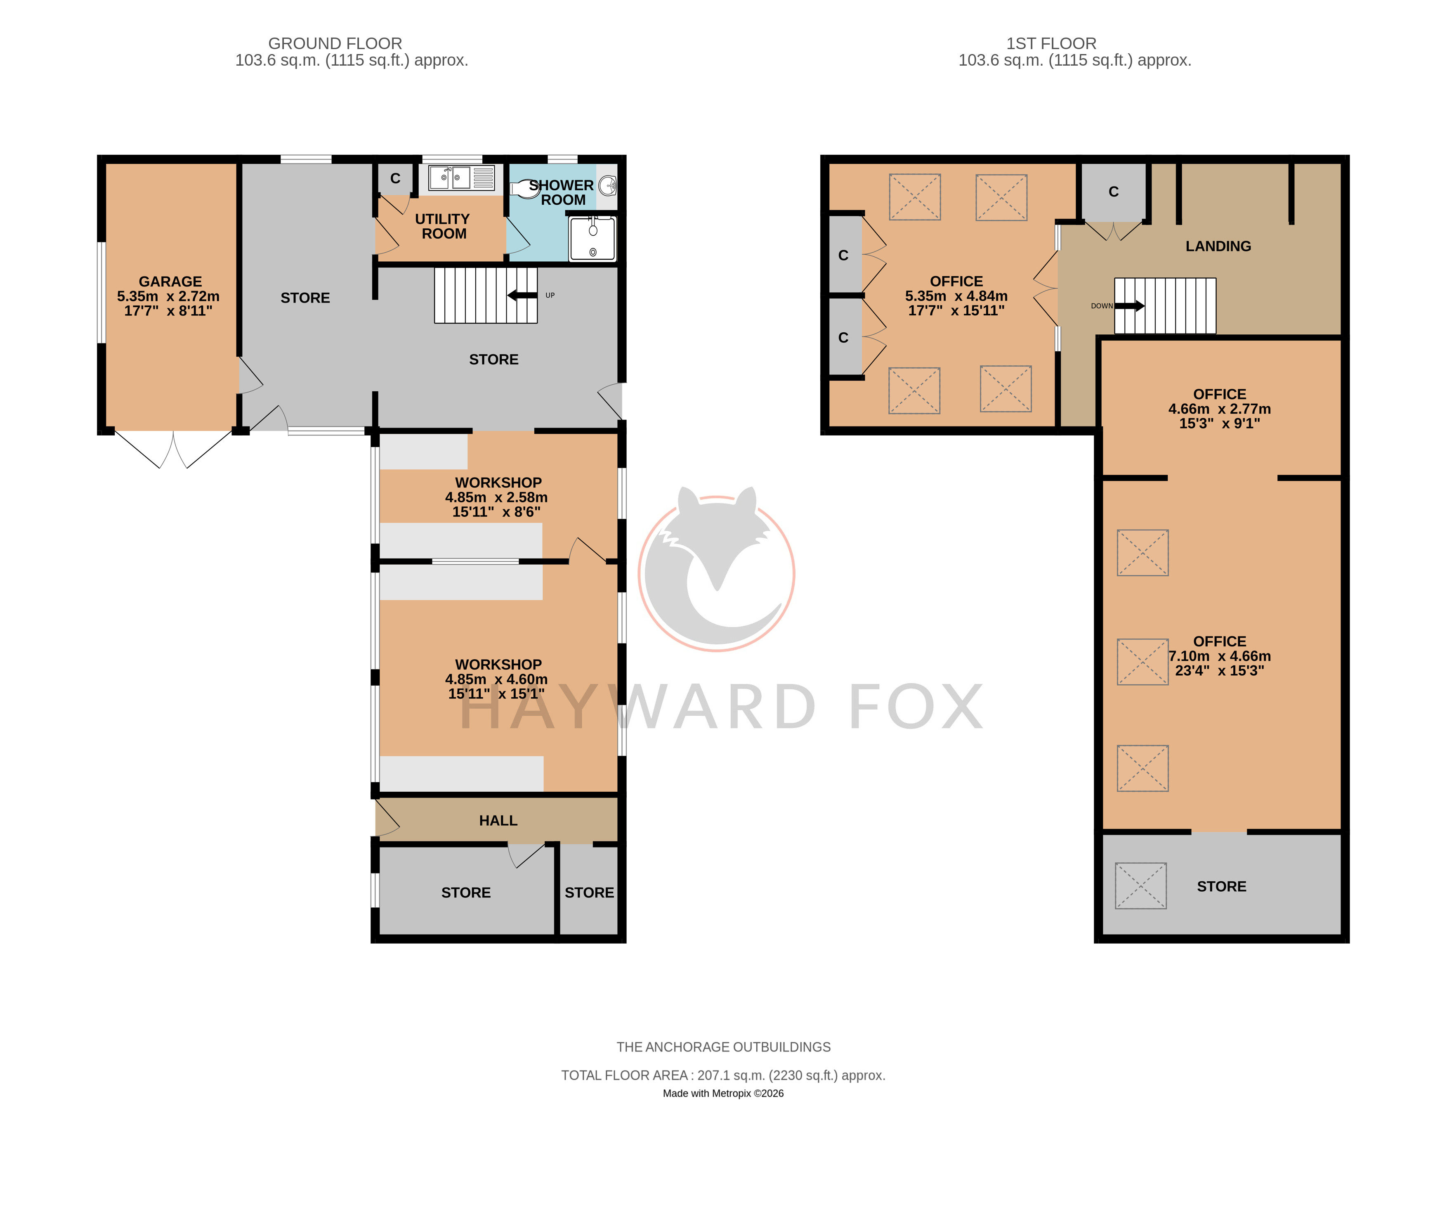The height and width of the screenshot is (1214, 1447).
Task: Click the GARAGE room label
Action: pyautogui.click(x=170, y=281)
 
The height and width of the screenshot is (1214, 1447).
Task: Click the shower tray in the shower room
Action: pyautogui.click(x=592, y=239)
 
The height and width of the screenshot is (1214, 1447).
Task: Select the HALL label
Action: pyautogui.click(x=498, y=820)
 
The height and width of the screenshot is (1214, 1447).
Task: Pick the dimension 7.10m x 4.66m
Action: pyautogui.click(x=1220, y=656)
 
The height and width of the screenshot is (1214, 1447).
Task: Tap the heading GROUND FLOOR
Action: pyautogui.click(x=335, y=43)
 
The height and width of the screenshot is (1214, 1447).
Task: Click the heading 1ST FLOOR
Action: pyautogui.click(x=1051, y=43)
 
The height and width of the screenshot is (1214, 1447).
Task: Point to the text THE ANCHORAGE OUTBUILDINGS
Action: pyautogui.click(x=724, y=1047)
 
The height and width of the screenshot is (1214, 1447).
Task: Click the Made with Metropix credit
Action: pyautogui.click(x=724, y=1093)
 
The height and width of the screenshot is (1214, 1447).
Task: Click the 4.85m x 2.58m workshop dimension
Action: pyautogui.click(x=496, y=497)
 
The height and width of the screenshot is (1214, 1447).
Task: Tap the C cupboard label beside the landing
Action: pyautogui.click(x=1114, y=192)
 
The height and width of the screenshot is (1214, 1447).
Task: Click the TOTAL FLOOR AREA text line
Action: pyautogui.click(x=724, y=1075)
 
